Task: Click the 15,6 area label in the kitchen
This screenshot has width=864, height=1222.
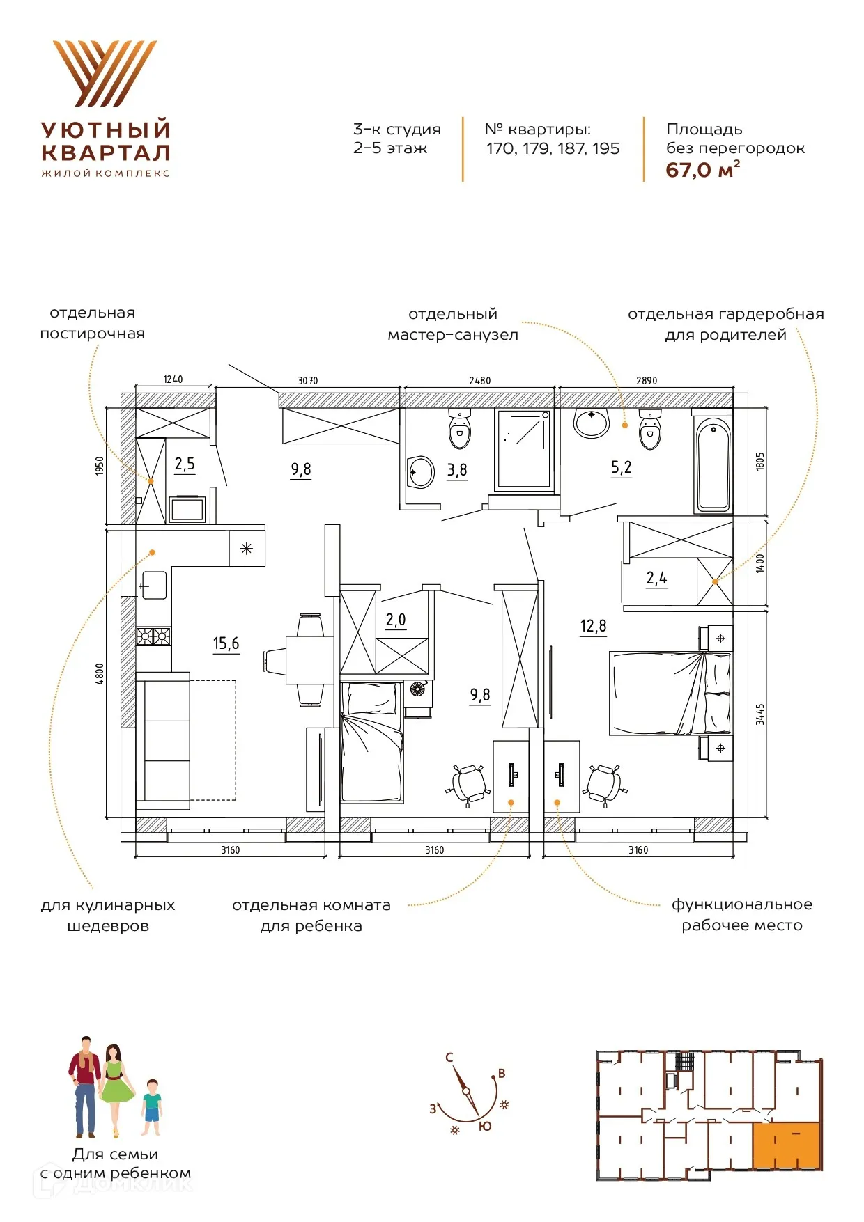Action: pos(226,643)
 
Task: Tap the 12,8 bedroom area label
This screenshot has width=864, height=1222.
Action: pos(593,626)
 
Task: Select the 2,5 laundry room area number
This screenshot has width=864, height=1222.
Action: pos(185,464)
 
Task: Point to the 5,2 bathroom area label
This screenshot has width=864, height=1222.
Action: pos(621,468)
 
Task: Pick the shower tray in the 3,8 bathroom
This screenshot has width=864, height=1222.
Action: pos(525,449)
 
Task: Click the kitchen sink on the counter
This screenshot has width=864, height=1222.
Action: pos(154,585)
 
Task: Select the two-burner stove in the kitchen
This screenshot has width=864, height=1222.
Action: pos(153,636)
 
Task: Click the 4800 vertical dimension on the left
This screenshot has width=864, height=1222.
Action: pos(100,674)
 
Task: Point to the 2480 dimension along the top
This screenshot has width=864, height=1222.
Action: pos(479,381)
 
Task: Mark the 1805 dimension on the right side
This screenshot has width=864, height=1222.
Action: pos(759,461)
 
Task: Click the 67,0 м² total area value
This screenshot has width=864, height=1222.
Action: pos(702,170)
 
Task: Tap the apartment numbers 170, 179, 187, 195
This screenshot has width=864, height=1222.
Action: pos(553,148)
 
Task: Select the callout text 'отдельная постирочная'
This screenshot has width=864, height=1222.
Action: pos(93,323)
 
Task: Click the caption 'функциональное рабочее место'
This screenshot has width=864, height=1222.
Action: pos(742,915)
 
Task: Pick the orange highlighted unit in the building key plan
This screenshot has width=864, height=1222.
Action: pos(786,1145)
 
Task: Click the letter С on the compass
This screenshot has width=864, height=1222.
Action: pos(449,1057)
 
